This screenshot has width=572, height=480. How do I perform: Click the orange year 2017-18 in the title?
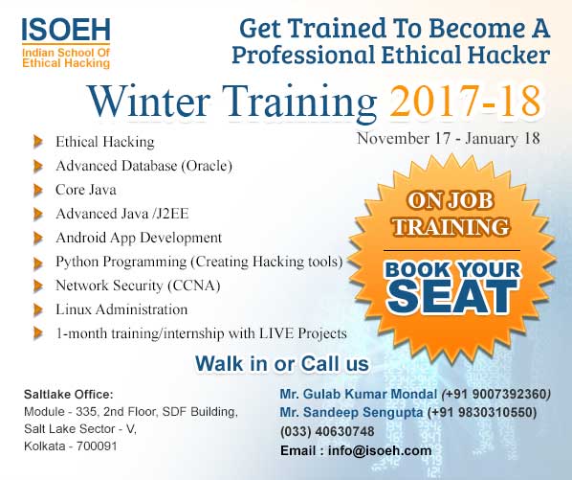pos(465,101)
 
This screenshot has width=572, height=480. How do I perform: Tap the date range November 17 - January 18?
pos(448,138)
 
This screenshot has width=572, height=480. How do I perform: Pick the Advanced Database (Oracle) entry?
pos(143,166)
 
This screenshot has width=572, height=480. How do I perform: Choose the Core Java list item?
pos(86,190)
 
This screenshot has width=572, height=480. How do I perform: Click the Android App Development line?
pos(139,237)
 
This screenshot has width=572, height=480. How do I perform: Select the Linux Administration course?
pos(121,309)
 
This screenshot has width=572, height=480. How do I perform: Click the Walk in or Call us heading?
pos(281,363)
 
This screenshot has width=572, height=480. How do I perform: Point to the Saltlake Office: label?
pos(69,394)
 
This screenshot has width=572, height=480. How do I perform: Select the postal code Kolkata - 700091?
pos(70,446)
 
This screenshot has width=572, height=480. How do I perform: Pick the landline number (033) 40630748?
pos(328,431)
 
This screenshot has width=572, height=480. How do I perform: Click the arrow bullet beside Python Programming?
pos(37,261)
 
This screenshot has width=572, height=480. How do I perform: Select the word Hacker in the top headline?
pos(503,54)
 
